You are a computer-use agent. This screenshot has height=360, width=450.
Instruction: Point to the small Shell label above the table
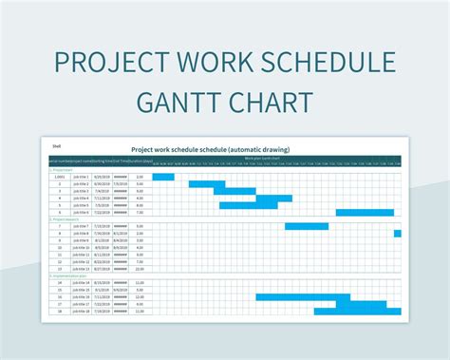[x=56, y=145]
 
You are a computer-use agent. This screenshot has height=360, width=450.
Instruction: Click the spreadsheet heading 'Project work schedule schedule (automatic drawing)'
[x=210, y=149]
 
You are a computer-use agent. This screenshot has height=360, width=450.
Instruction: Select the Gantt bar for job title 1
[x=163, y=177]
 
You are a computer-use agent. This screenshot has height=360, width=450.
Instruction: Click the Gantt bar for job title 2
[x=207, y=183]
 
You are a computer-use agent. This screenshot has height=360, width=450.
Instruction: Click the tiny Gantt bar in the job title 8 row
[x=398, y=233]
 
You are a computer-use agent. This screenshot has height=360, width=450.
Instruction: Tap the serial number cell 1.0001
[x=58, y=177]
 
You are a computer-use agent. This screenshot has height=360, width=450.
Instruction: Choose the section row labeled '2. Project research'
[x=66, y=219]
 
